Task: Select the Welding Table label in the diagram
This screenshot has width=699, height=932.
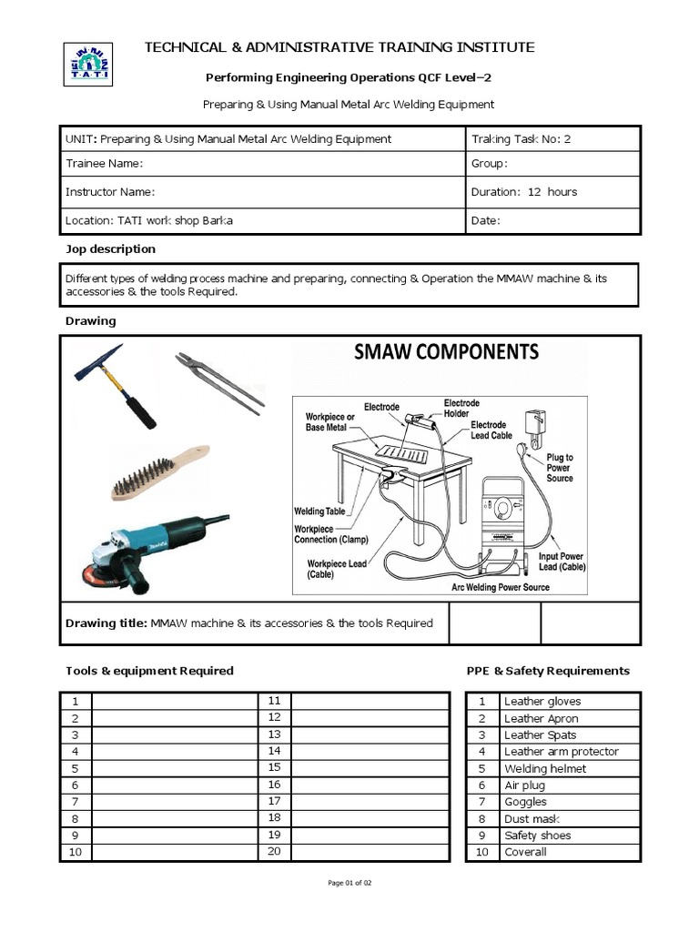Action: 319,512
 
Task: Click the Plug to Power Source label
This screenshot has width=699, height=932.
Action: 560,468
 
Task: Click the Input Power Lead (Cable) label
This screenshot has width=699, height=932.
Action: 562,561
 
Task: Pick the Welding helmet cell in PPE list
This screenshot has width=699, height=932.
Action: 545,769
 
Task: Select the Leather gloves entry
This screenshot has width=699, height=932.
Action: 542,702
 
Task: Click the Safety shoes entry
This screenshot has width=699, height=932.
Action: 538,836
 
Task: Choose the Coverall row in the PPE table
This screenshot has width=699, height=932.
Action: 525,852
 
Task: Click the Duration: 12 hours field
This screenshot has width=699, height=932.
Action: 523,192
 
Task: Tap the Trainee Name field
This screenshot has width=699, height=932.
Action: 104,164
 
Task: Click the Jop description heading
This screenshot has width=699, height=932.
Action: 110,249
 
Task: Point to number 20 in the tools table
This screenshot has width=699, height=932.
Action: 274,851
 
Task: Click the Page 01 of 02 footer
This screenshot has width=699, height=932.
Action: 349,883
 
